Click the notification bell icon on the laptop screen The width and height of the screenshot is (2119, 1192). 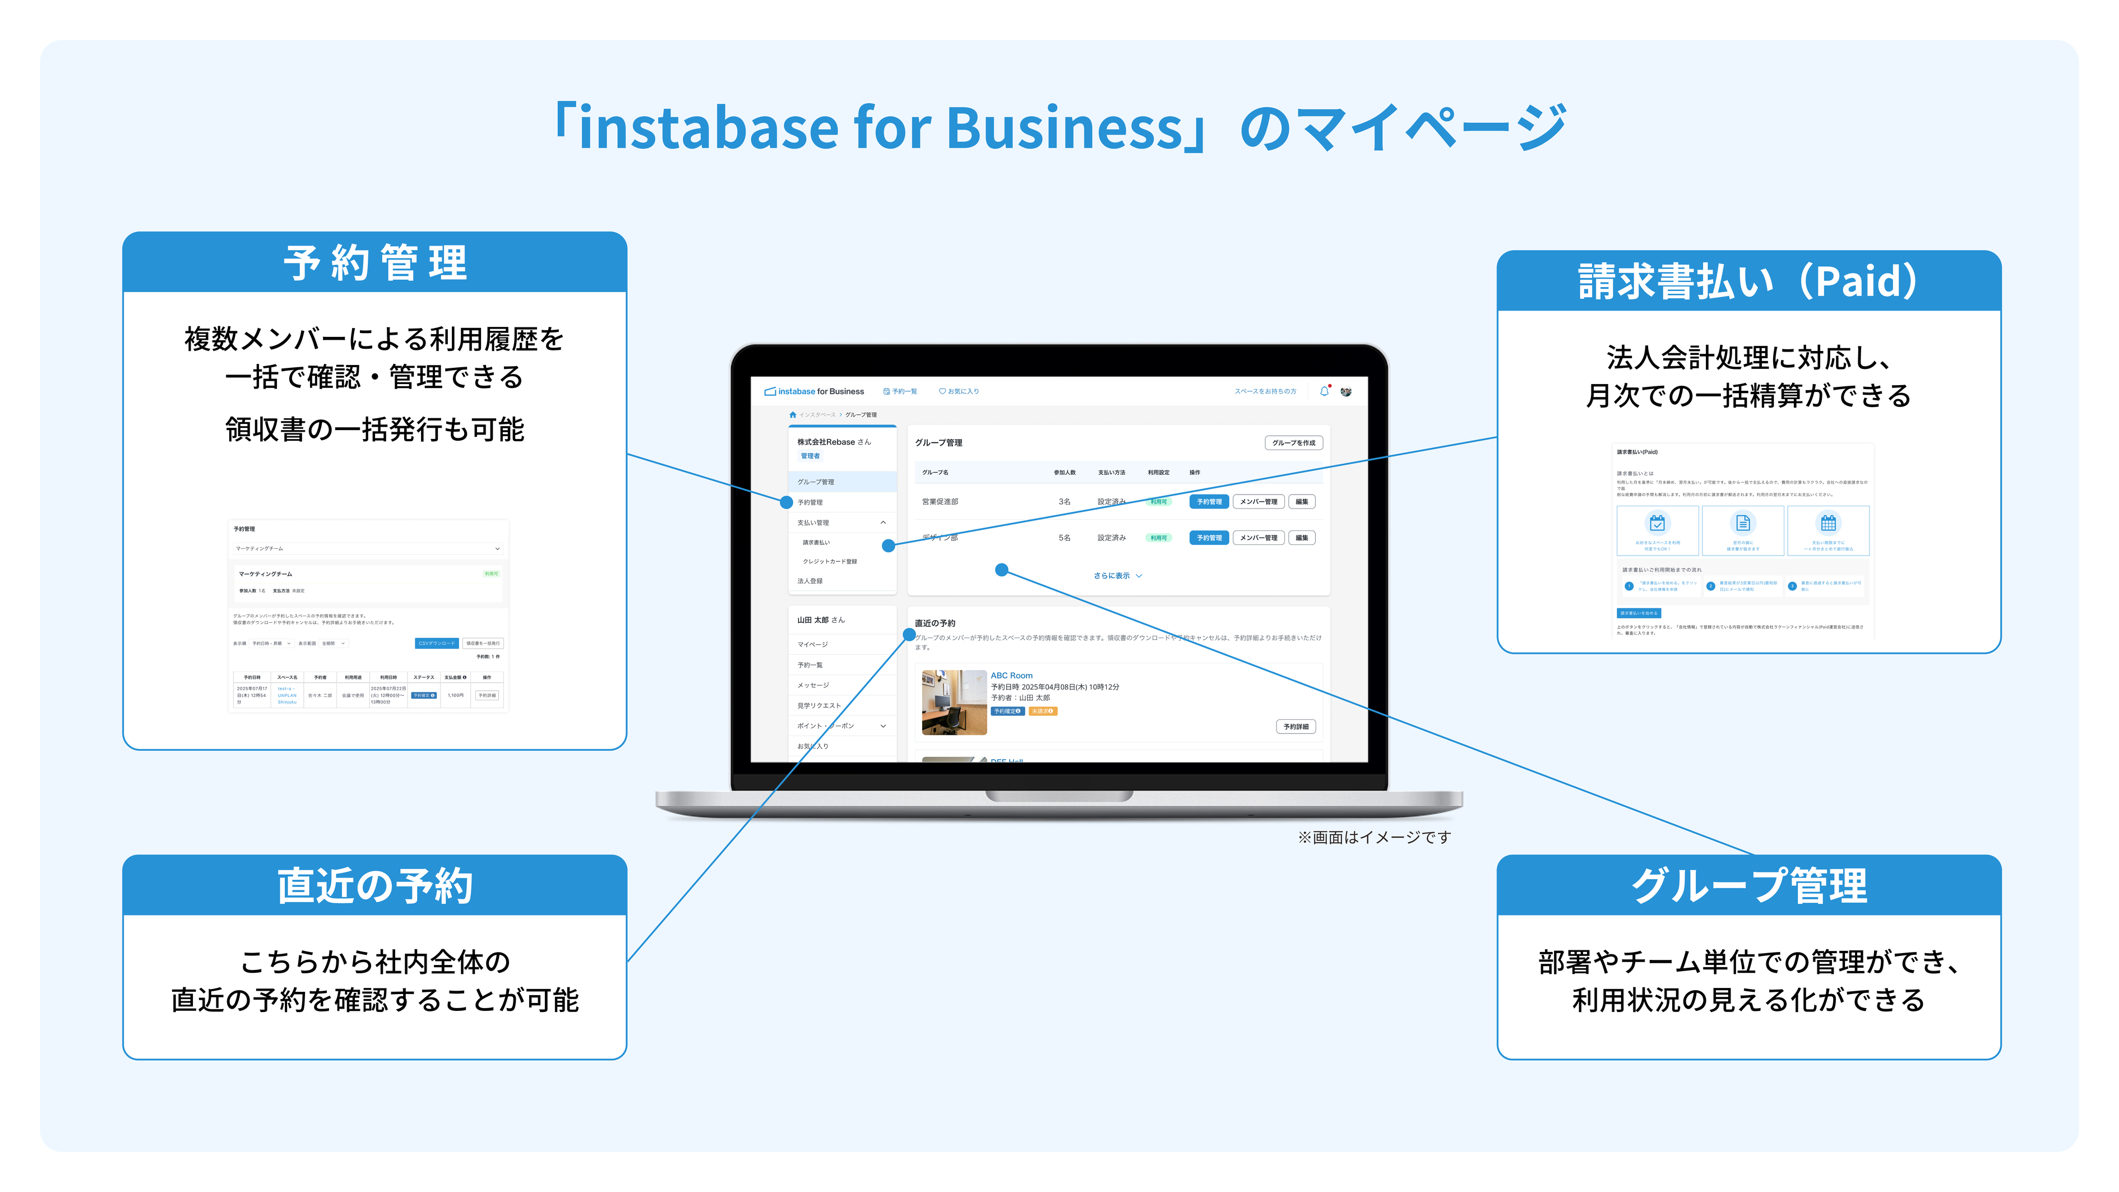(x=1324, y=391)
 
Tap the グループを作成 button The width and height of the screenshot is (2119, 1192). (x=1293, y=442)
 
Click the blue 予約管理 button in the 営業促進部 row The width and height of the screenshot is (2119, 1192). (x=1209, y=502)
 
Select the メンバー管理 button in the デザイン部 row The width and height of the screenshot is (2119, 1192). (x=1259, y=538)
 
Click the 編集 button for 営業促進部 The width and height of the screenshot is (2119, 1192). (x=1301, y=502)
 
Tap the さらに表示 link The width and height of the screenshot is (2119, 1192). (x=1116, y=576)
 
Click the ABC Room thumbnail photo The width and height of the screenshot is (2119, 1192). (x=954, y=702)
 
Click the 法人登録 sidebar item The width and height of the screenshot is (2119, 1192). (x=809, y=581)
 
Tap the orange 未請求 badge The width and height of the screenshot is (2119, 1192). (x=1042, y=711)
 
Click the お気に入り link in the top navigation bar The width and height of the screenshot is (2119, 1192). (x=959, y=391)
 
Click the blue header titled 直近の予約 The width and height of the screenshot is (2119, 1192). (x=374, y=885)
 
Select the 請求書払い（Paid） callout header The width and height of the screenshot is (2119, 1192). (x=1748, y=281)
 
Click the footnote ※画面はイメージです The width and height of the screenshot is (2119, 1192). (x=1374, y=838)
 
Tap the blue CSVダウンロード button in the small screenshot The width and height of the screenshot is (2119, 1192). (x=436, y=643)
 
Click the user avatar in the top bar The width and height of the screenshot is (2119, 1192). (x=1346, y=391)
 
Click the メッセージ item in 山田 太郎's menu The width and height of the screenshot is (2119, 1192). (x=813, y=685)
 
